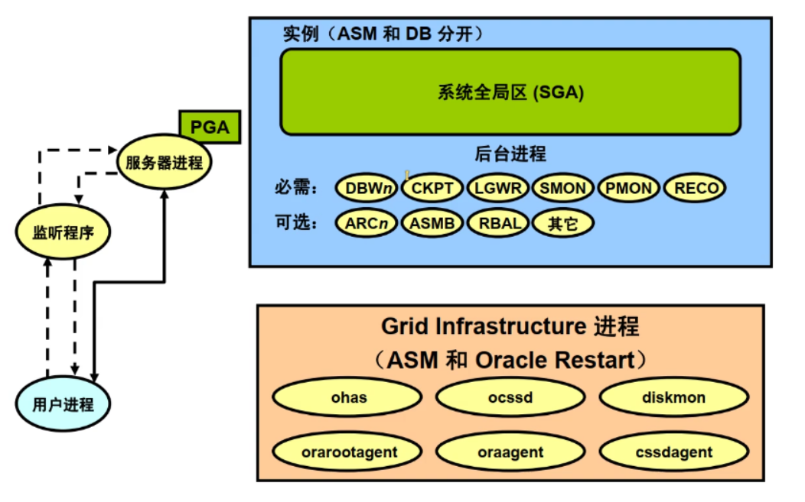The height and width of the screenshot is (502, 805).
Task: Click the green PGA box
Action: click(x=210, y=127)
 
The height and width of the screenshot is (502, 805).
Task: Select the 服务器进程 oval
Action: click(x=165, y=162)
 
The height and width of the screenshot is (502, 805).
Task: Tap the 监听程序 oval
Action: click(x=64, y=232)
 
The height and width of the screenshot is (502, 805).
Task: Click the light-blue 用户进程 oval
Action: click(x=64, y=404)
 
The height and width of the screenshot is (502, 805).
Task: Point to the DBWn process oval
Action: click(x=367, y=188)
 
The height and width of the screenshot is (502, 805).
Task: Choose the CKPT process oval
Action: click(x=432, y=188)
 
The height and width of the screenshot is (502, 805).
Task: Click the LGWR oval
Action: click(x=498, y=188)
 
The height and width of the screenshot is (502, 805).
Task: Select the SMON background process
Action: click(x=563, y=188)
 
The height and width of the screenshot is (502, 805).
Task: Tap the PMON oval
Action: click(x=629, y=188)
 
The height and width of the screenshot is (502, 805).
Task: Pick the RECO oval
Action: click(x=695, y=188)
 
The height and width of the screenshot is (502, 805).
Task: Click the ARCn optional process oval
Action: click(x=367, y=223)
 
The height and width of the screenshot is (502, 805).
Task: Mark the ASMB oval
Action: click(x=432, y=223)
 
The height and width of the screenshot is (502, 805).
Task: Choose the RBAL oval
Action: click(x=498, y=223)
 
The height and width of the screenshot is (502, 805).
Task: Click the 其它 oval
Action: click(x=563, y=223)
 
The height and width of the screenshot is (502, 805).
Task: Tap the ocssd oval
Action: click(x=511, y=397)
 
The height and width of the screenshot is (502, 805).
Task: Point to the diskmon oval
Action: click(x=674, y=397)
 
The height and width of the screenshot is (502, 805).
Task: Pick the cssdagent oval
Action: click(x=674, y=452)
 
